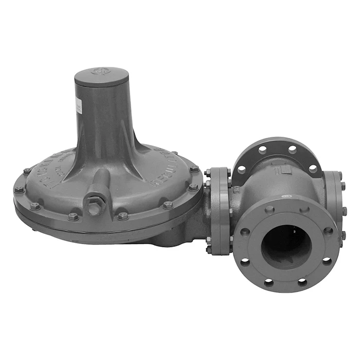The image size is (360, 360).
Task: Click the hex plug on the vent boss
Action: coord(95,205)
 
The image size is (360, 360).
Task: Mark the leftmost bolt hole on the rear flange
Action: coord(242,167)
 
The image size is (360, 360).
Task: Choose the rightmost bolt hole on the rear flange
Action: coord(312,168)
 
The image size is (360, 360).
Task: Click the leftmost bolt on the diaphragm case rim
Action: coord(19,189)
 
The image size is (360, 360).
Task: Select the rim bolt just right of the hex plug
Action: coord(122,215)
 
